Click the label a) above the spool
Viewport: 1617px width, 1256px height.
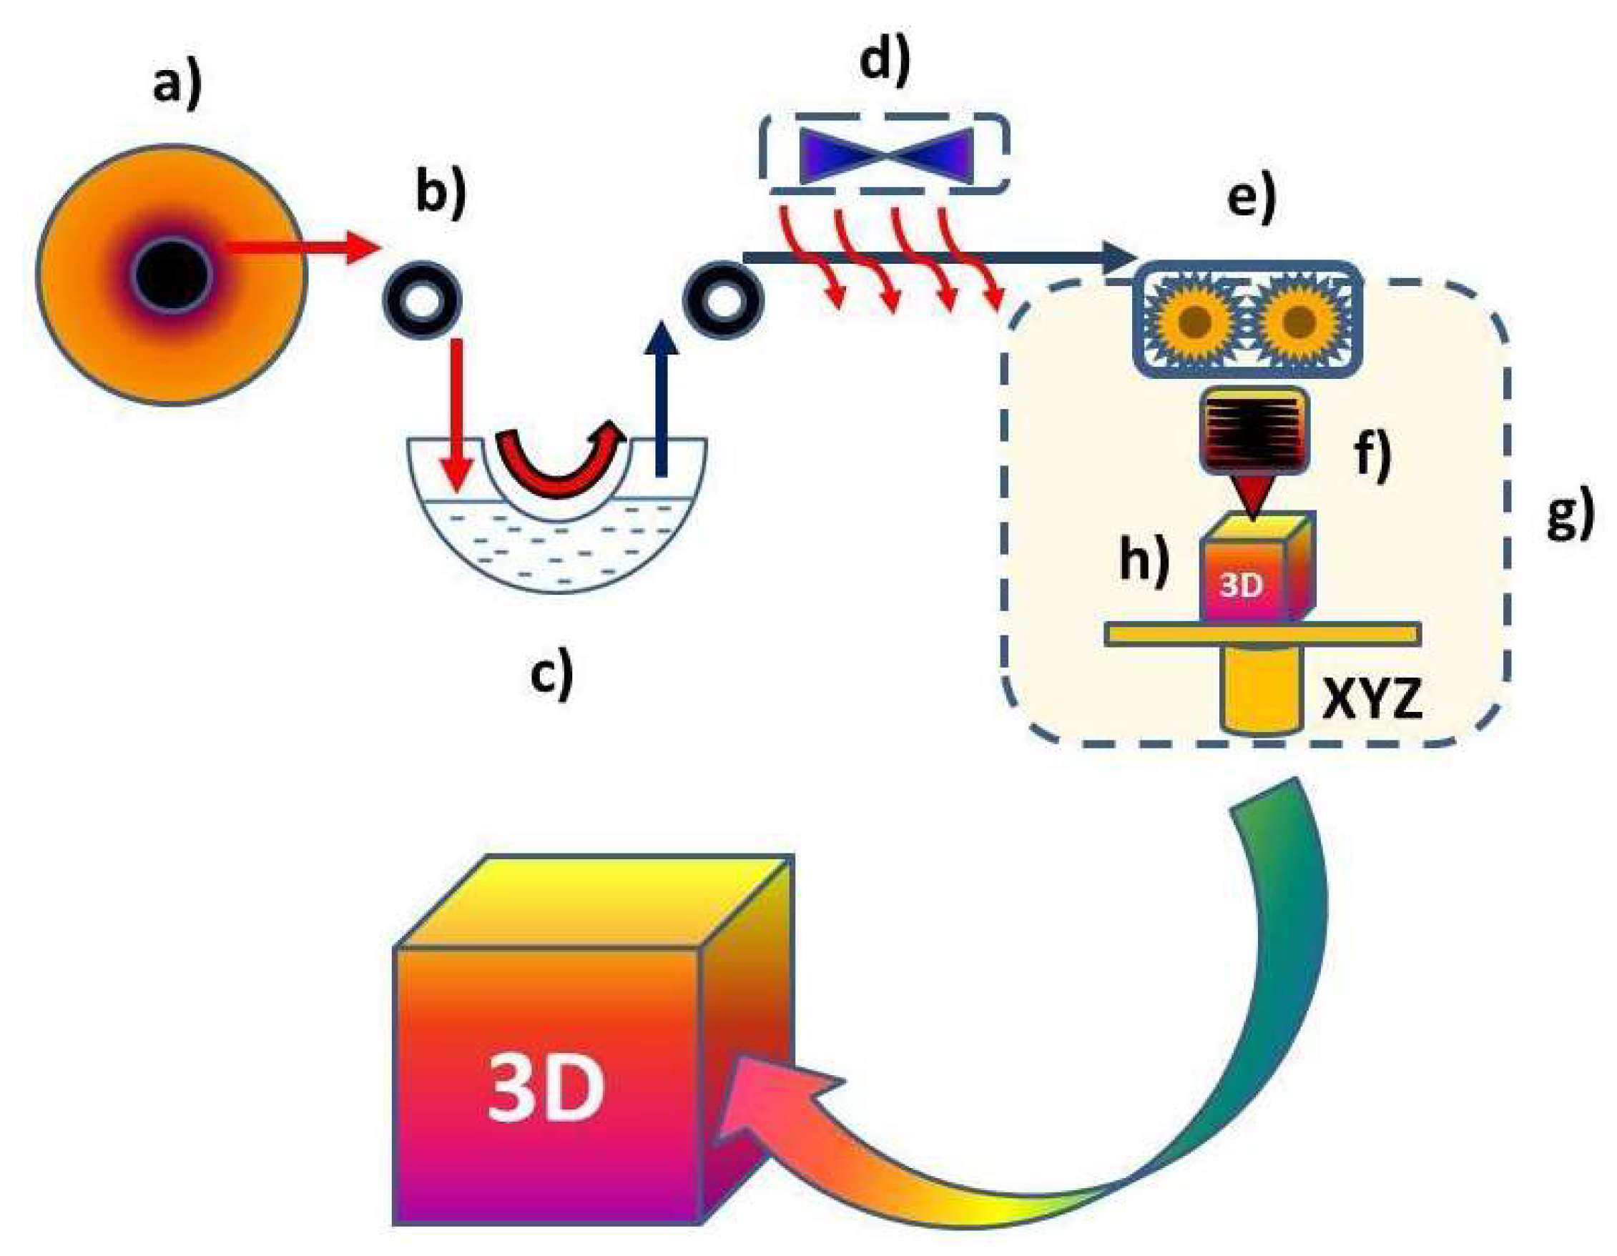pyautogui.click(x=177, y=85)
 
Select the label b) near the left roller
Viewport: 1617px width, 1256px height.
pyautogui.click(x=441, y=194)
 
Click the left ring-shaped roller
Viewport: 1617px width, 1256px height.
pyautogui.click(x=422, y=300)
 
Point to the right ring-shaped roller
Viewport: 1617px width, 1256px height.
pyautogui.click(x=723, y=300)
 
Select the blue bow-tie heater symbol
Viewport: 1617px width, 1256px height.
pyautogui.click(x=885, y=156)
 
